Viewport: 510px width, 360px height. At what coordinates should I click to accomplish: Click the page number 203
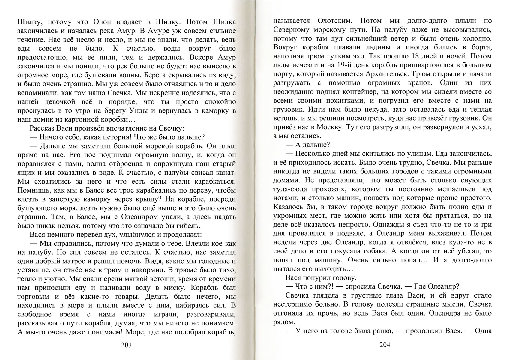pos(126,345)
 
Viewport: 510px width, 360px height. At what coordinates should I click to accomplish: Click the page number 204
pos(385,345)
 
